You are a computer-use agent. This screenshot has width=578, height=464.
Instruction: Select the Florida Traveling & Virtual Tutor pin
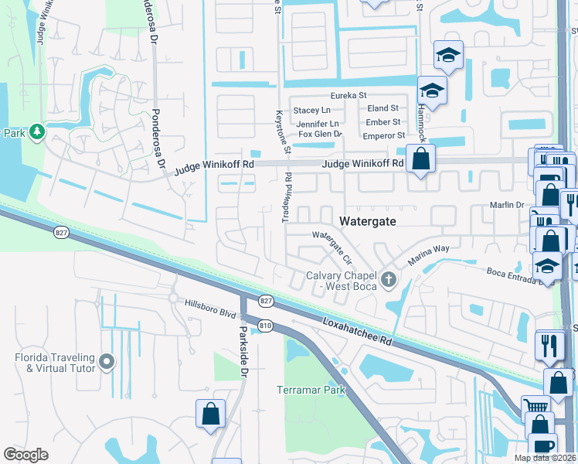coord(107,361)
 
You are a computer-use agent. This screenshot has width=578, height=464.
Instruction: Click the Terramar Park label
coord(311,390)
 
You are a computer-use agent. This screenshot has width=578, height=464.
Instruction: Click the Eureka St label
coord(348,95)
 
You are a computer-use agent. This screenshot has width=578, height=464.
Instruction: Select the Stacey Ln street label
coord(313,110)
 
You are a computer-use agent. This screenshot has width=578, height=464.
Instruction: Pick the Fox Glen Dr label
coord(320,135)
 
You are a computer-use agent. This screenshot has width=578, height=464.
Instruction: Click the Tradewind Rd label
coord(287,197)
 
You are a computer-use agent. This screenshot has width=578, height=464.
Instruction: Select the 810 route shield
coord(265,326)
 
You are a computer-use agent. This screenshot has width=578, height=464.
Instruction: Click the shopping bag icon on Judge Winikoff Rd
coord(420,159)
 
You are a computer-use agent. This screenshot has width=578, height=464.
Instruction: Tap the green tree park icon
coord(36,133)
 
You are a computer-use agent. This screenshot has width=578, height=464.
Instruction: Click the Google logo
coord(25,455)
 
